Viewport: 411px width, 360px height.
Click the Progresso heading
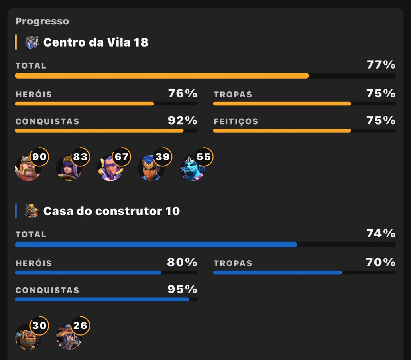[42, 21]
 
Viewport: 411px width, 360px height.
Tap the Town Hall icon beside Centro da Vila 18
[32, 42]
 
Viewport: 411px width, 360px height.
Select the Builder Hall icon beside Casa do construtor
[31, 211]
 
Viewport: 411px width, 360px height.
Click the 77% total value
[381, 65]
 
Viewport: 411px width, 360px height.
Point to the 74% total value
[381, 234]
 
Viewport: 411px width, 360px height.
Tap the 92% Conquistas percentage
[183, 121]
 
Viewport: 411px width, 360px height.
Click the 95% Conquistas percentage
[183, 289]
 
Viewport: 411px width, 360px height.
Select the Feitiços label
[236, 121]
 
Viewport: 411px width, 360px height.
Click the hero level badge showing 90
[39, 157]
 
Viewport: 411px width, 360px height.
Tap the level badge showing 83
[80, 157]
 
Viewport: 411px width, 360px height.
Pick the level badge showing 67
[121, 157]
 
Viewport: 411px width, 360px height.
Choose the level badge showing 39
[163, 157]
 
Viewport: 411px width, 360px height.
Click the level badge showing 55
[203, 157]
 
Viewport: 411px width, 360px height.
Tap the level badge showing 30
[39, 326]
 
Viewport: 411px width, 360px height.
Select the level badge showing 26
[80, 326]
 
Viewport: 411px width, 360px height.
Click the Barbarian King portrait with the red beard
[28, 168]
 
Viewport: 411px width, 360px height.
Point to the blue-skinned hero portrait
[192, 168]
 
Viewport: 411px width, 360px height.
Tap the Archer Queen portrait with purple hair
[69, 168]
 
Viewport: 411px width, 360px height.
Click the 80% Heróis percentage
[182, 262]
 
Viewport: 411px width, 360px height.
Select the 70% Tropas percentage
[381, 262]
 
